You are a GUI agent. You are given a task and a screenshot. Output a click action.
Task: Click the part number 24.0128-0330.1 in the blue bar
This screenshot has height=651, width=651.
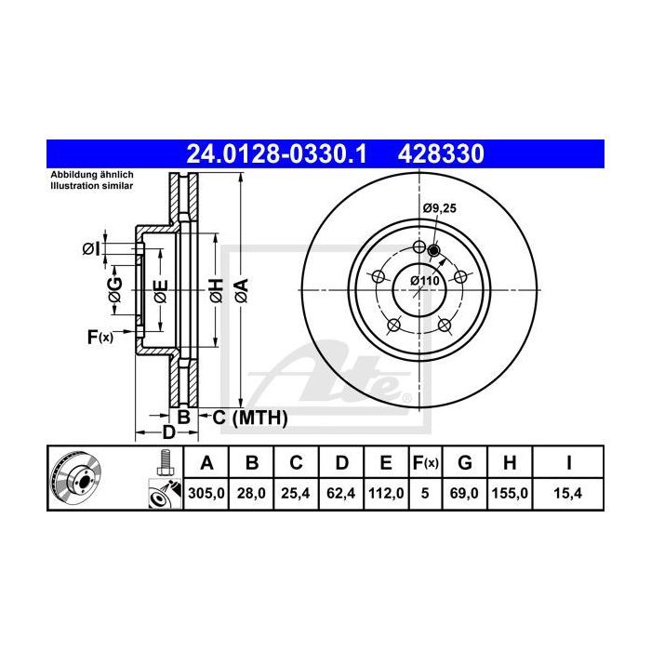pos(277,154)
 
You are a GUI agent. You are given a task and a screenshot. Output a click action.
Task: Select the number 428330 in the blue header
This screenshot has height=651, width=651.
pos(441,154)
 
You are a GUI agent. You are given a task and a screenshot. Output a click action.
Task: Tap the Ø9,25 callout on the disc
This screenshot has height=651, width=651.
pos(439,208)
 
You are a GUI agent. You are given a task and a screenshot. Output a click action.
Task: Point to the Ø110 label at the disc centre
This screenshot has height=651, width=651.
pos(425,281)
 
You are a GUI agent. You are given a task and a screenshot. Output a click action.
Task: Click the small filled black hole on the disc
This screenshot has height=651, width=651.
pos(433,250)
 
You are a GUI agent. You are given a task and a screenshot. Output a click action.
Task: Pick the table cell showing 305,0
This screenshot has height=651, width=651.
pos(206,493)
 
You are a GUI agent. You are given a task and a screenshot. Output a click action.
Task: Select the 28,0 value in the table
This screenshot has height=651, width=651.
pos(251,493)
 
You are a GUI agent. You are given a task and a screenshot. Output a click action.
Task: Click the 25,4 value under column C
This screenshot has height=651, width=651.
pos(296,493)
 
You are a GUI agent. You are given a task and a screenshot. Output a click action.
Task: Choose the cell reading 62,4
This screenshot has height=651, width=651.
pos(341,493)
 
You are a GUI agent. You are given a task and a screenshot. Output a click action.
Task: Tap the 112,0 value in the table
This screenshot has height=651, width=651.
pos(386,493)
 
